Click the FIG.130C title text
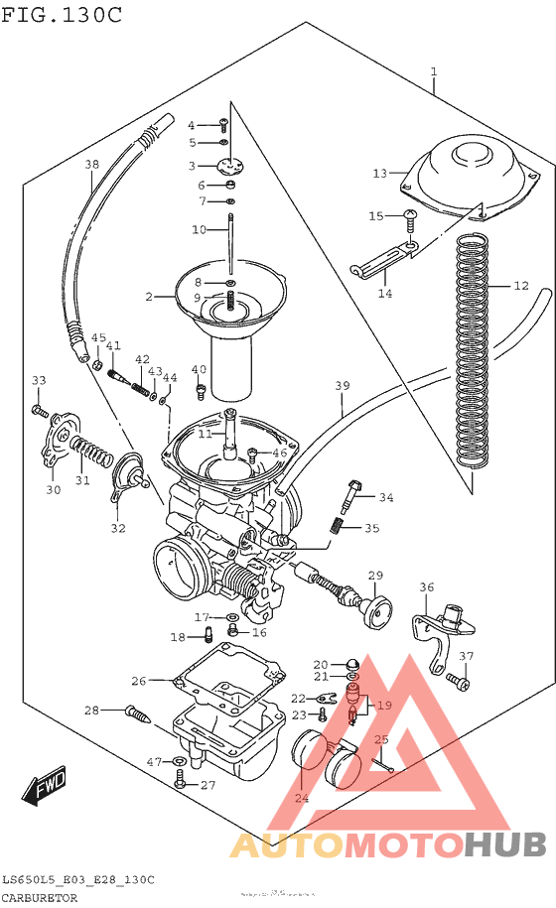point(62,14)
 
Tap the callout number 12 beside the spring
point(521,286)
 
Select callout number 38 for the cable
point(91,165)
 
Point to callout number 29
point(375,576)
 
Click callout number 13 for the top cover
point(379,174)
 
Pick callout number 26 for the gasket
point(138,681)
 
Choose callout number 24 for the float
point(301,799)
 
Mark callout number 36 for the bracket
point(426,587)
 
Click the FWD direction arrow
point(45,788)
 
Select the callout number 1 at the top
point(434,71)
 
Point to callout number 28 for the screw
point(91,710)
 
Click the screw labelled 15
point(409,215)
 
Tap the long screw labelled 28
point(139,712)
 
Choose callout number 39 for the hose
point(343,385)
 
